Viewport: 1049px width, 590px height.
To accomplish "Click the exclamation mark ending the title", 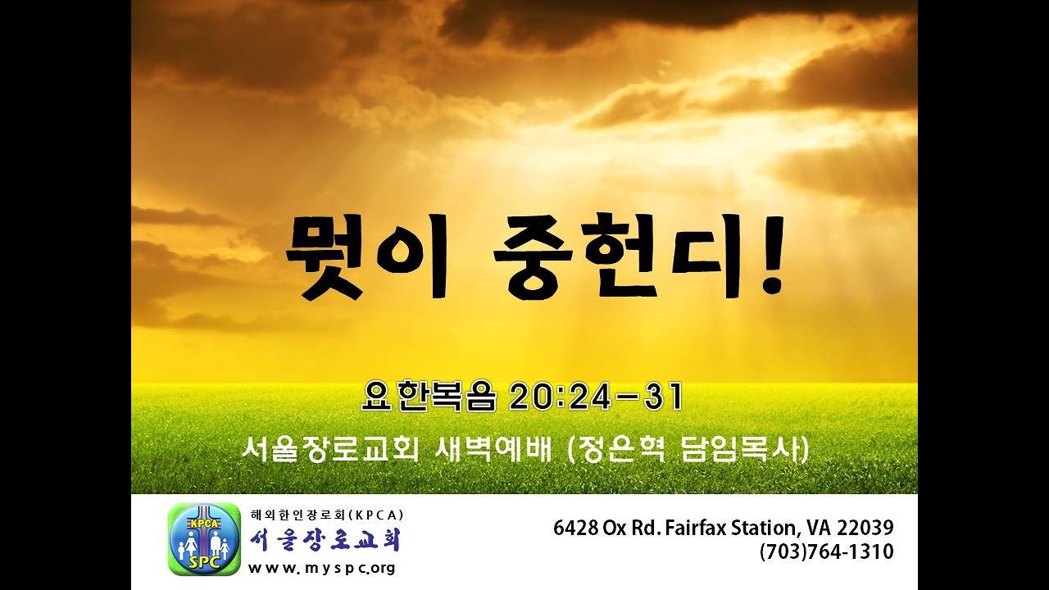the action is (x=771, y=255).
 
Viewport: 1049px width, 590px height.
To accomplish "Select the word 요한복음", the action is (x=429, y=397).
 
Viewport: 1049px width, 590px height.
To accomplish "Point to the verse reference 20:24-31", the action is (x=595, y=397).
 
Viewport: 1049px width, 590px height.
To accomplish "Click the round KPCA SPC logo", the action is (x=204, y=539).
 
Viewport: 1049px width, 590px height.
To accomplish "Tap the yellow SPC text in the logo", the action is (x=204, y=562).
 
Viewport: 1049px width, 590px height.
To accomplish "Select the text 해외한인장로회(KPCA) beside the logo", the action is (x=327, y=515).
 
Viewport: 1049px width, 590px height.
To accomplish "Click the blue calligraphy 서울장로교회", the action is (x=325, y=540).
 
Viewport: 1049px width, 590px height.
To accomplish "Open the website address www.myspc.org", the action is (x=322, y=569).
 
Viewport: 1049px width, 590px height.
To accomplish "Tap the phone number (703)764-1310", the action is (x=827, y=551).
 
